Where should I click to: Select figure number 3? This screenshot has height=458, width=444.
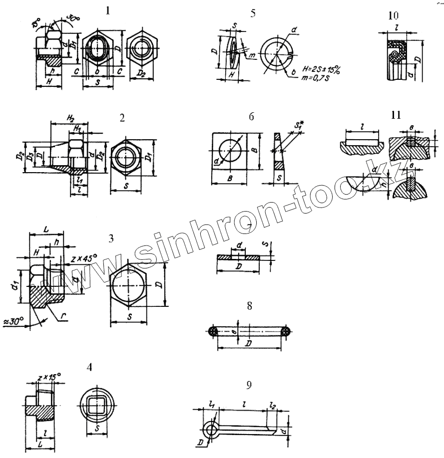coord(111,238)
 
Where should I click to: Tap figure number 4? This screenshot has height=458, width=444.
coord(89,367)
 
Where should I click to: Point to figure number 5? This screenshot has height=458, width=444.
coord(253,13)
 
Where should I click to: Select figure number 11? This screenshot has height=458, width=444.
coord(396,115)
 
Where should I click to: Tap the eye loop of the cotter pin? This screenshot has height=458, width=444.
coord(210,428)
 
